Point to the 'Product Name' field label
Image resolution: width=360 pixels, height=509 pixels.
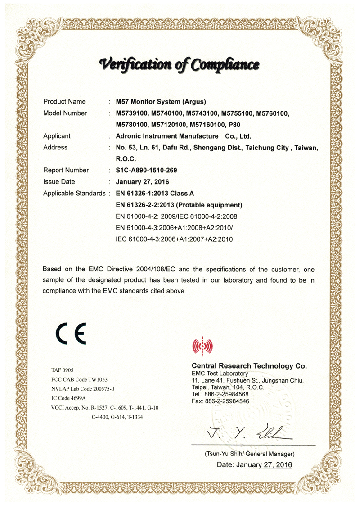(64, 102)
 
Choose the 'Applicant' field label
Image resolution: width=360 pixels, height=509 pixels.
(57, 136)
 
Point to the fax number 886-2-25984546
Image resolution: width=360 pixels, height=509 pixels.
(227, 401)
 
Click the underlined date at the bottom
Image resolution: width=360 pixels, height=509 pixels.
(264, 464)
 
